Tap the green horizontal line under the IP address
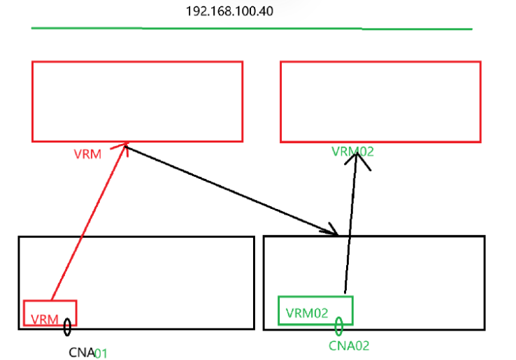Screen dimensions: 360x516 [252, 29]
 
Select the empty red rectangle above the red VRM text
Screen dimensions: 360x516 [137, 101]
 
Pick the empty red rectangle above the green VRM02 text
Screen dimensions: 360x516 [380, 101]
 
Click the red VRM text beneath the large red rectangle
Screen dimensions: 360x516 [87, 154]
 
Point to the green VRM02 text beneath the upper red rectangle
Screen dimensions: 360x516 [352, 151]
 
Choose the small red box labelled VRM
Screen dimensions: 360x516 [50, 313]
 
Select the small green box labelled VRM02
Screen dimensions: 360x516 [315, 310]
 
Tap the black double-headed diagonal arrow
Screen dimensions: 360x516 [231, 189]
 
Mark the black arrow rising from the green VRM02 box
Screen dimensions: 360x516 [351, 224]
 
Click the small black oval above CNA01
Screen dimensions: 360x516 [67, 326]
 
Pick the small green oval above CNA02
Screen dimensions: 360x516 [338, 326]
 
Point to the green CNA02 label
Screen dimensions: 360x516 [349, 345]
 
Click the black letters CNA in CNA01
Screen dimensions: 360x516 [81, 352]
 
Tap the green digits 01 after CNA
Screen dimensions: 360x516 [101, 352]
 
